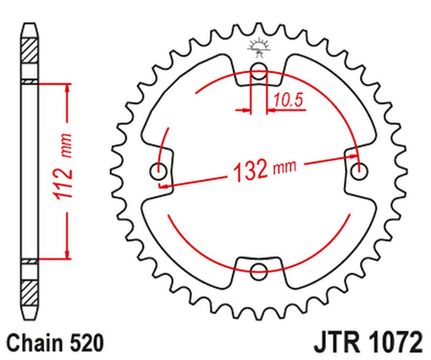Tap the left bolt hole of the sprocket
tap(158, 172)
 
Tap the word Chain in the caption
tap(33, 341)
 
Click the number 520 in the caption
tap(79, 341)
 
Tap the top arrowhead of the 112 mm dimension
tap(66, 88)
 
